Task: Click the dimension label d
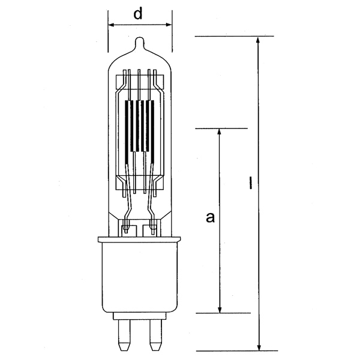(x=138, y=14)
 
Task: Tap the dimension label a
(x=210, y=217)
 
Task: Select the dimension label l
(x=250, y=183)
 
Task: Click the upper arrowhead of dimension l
(x=258, y=41)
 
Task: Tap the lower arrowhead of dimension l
(x=259, y=346)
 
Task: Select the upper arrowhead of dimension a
(x=219, y=133)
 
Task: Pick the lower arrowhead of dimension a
(x=220, y=308)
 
